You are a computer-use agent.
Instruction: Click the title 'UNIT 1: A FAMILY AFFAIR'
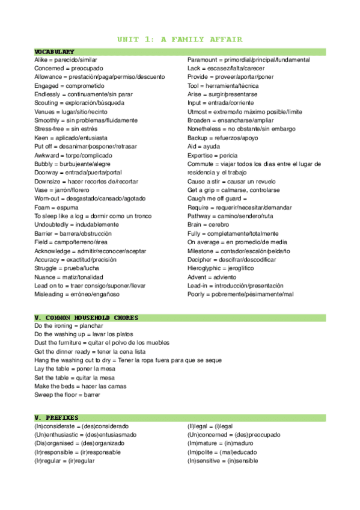180,40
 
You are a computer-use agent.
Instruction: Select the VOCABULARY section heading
55,52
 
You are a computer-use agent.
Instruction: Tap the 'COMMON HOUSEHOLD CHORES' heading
87,318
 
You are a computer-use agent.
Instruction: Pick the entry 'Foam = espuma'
56,207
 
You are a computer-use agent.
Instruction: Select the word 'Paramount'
203,60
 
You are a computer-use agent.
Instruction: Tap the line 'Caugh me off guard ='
217,198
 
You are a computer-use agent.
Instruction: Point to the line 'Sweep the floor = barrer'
67,395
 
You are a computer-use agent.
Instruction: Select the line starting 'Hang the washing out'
128,360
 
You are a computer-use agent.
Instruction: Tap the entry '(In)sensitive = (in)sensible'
223,461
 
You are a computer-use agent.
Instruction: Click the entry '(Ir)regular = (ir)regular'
64,461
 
